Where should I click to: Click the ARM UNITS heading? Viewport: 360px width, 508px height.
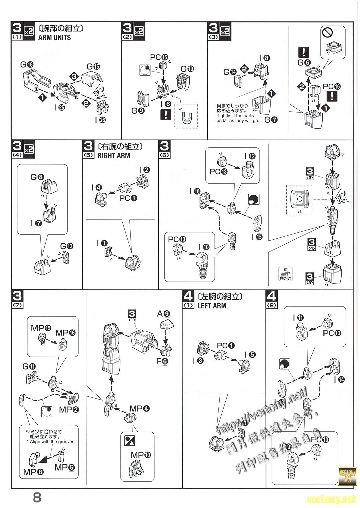point(54,37)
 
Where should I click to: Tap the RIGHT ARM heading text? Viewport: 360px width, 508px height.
point(114,156)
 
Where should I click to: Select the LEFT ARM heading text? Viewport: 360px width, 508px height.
point(212,306)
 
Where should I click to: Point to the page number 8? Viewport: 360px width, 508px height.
point(37,498)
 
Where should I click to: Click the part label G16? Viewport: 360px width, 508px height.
point(27,65)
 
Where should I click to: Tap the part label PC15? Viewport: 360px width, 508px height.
point(159,57)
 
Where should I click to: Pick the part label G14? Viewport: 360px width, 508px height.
point(230,72)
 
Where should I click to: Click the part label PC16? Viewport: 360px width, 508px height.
point(332,86)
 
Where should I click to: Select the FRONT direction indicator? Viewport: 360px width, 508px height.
point(285,274)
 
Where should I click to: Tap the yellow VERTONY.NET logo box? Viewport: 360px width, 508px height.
point(347,475)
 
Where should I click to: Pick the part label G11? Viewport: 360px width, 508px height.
point(29,366)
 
